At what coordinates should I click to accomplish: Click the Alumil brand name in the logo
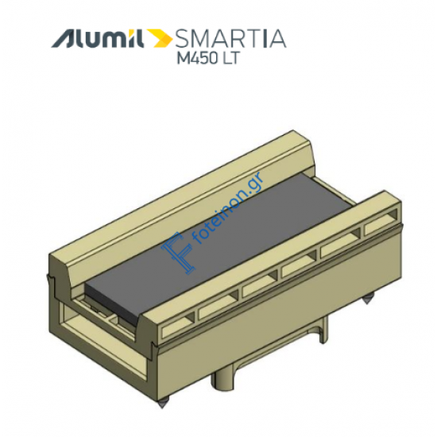click(x=97, y=38)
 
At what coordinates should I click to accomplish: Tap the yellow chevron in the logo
click(x=160, y=38)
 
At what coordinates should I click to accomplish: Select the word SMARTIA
click(x=230, y=38)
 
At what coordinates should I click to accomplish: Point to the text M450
click(x=197, y=58)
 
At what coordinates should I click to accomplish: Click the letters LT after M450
click(x=230, y=58)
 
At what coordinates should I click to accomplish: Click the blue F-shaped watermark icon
click(x=178, y=252)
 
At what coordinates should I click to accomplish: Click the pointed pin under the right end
click(x=366, y=300)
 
